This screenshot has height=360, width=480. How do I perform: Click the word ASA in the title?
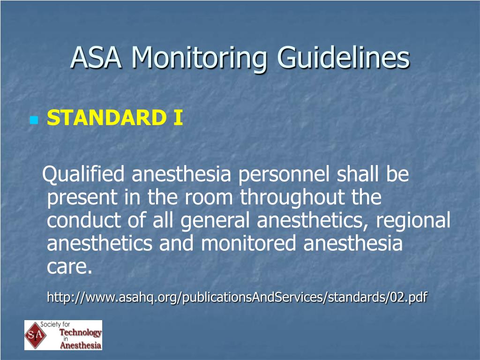point(96,57)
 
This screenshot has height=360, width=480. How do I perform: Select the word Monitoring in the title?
point(199,60)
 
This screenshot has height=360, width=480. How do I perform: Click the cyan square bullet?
point(34,120)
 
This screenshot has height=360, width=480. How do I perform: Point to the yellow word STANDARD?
point(106,118)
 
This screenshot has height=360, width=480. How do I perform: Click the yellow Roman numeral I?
point(178,118)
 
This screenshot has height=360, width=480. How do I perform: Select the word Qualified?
point(83,174)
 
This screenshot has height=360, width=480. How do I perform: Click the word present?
point(82,198)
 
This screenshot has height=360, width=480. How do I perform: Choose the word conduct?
point(84,220)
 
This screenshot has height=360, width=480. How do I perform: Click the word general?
point(215,221)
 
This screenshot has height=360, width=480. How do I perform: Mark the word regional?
point(413,221)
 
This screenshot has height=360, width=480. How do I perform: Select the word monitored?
point(248,244)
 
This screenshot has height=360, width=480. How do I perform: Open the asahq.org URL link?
point(237,297)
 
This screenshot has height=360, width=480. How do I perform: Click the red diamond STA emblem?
point(36,335)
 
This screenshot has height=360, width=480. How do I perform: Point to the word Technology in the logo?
point(80,332)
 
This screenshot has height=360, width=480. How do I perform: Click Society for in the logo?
point(55,324)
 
